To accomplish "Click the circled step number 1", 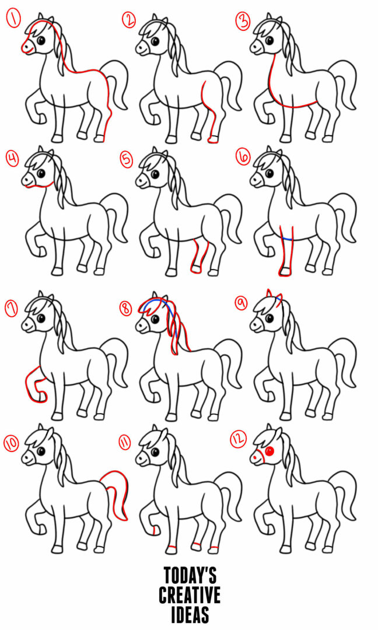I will click(13, 20).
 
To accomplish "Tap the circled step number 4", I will click(12, 157).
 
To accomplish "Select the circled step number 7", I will click(12, 307).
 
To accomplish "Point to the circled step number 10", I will click(12, 443).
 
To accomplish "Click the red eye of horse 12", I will click(269, 452).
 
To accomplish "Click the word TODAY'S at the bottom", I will click(190, 577).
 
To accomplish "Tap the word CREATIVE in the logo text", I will click(190, 595).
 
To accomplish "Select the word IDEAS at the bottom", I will click(190, 614).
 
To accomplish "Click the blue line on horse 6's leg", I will click(286, 239).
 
